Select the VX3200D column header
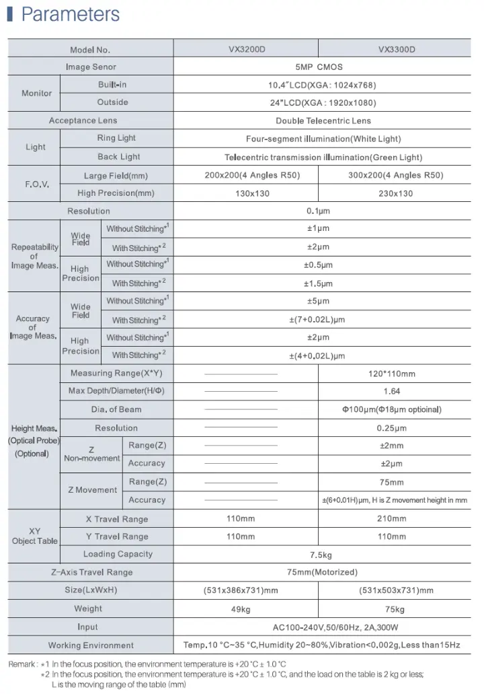pyautogui.click(x=245, y=49)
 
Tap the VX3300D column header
pyautogui.click(x=397, y=49)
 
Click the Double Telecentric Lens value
pyautogui.click(x=323, y=120)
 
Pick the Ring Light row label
pyautogui.click(x=116, y=138)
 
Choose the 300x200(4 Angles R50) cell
pyautogui.click(x=397, y=175)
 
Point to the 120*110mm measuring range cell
pyautogui.click(x=397, y=374)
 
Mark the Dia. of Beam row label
pyautogui.click(x=116, y=409)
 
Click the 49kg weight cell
pyautogui.click(x=240, y=609)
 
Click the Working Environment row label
pyautogui.click(x=91, y=646)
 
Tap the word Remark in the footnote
pyautogui.click(x=22, y=664)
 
